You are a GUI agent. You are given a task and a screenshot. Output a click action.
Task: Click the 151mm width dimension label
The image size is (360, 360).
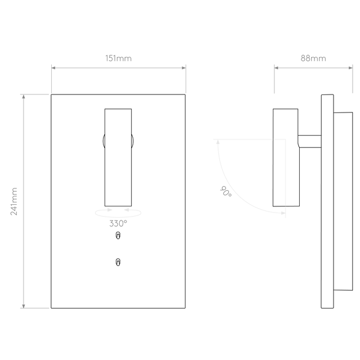click(119, 58)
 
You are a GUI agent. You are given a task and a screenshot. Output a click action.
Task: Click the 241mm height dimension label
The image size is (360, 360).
click(14, 201)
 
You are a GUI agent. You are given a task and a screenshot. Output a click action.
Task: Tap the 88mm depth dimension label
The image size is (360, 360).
click(313, 58)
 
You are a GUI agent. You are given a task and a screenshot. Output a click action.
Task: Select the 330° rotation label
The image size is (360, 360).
click(118, 223)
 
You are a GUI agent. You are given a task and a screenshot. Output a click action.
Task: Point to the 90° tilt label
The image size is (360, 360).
click(226, 191)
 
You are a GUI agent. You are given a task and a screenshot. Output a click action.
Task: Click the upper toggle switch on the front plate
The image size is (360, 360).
click(118, 235)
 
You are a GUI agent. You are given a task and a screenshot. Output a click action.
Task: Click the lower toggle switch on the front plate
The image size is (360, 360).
click(118, 262)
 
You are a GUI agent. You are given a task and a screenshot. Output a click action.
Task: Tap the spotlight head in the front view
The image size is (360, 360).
click(118, 157)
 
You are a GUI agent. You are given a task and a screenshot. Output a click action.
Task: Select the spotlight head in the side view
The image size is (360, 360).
click(286, 157)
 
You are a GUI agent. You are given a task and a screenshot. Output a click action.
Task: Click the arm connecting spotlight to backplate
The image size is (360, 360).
click(309, 141)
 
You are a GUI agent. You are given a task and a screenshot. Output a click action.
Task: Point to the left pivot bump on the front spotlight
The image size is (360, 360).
click(103, 141)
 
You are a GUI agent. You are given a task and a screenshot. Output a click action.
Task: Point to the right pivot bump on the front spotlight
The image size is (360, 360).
click(133, 141)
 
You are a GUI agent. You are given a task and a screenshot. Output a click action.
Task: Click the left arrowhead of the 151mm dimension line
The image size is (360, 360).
click(53, 67)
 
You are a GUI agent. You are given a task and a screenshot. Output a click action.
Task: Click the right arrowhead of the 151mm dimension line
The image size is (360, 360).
click(184, 67)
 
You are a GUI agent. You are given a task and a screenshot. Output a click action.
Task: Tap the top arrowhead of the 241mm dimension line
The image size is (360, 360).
click(24, 96)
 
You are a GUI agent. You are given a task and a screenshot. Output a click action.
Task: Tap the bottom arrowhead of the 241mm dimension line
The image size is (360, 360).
click(24, 306)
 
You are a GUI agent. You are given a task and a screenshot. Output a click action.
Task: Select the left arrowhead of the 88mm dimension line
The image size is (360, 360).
click(276, 67)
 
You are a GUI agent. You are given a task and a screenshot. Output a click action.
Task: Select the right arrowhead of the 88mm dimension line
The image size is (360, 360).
click(350, 67)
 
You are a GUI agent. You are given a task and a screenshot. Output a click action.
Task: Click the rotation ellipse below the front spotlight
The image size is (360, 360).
click(118, 217)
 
